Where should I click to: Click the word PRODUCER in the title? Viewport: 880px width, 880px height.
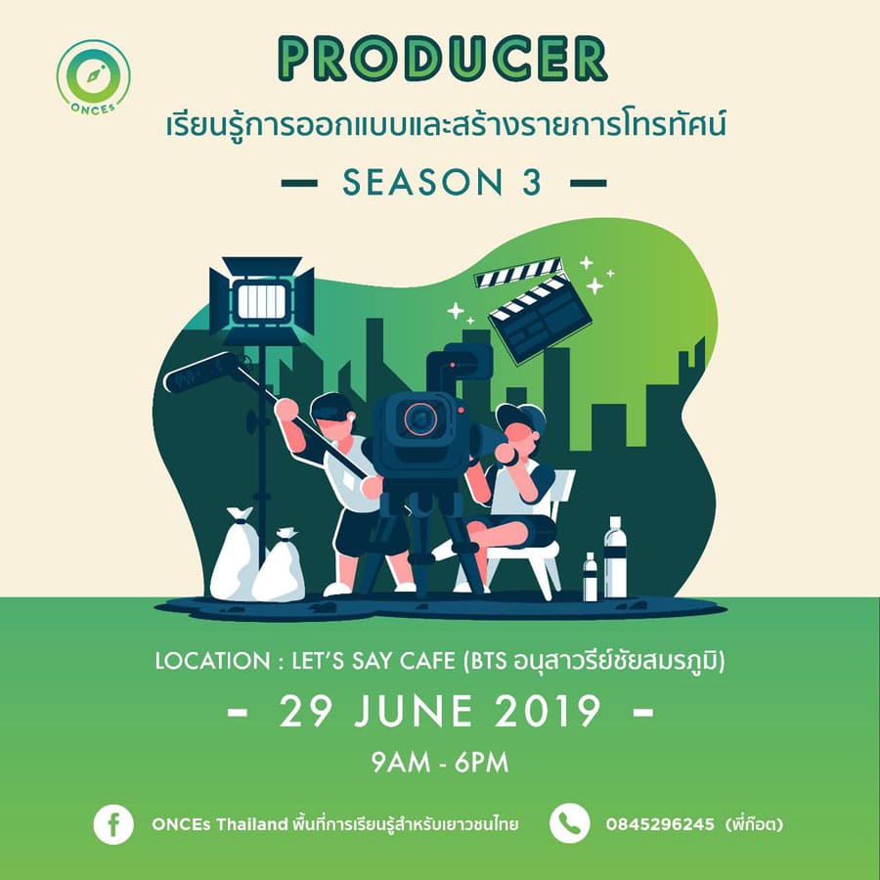coord(443,59)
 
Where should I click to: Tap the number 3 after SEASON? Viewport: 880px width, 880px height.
coord(532,183)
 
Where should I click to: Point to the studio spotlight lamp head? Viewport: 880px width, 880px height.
coord(261,301)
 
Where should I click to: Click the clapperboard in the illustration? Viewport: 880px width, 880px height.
coord(533,309)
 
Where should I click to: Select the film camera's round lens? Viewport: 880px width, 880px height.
coord(419,418)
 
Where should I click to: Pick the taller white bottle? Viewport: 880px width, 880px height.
coord(615,556)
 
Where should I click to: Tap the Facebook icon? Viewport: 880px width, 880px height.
coord(113,824)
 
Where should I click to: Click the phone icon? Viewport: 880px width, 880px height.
coord(570,823)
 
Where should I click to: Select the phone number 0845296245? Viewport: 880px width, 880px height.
coord(660,824)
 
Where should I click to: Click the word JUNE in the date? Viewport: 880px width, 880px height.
coord(414,711)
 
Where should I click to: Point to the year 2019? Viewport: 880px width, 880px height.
coord(548,711)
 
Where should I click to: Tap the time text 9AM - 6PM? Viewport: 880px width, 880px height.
coord(440,762)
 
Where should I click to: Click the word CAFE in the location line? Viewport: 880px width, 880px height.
coord(427,661)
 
